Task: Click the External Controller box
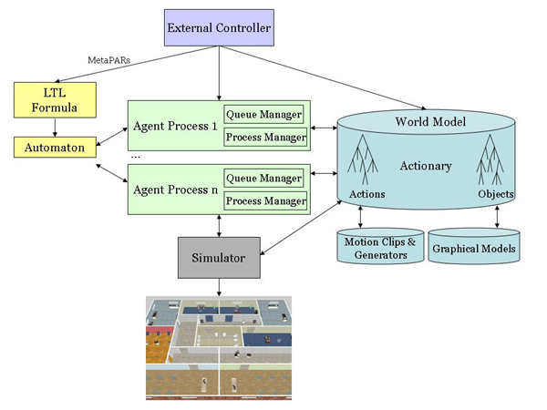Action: pyautogui.click(x=220, y=28)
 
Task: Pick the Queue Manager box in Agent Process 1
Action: pyautogui.click(x=265, y=116)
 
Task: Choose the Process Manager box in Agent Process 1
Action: pyautogui.click(x=265, y=138)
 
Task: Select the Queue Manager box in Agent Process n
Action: pyautogui.click(x=265, y=179)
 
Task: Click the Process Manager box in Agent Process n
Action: pyautogui.click(x=265, y=200)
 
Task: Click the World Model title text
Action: pyautogui.click(x=430, y=122)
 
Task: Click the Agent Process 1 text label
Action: pyautogui.click(x=174, y=127)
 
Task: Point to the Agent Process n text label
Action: pyautogui.click(x=174, y=190)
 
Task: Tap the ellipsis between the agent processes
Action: pyautogui.click(x=135, y=157)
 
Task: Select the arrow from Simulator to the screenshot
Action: pyautogui.click(x=220, y=285)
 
